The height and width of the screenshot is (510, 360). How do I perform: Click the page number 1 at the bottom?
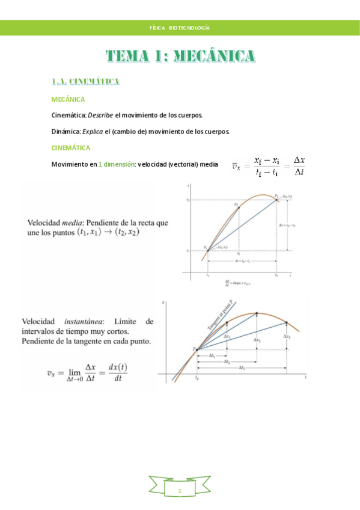pyautogui.click(x=180, y=491)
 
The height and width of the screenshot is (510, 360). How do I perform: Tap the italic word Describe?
pyautogui.click(x=100, y=114)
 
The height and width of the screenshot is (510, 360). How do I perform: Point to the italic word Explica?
pyautogui.click(x=92, y=131)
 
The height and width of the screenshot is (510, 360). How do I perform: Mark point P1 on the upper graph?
pyautogui.click(x=207, y=250)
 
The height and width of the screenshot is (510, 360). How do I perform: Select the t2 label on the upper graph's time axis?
pyautogui.click(x=277, y=274)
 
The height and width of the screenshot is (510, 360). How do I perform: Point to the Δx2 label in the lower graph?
pyautogui.click(x=257, y=340)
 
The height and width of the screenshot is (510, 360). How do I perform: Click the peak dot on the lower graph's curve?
pyautogui.click(x=257, y=313)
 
